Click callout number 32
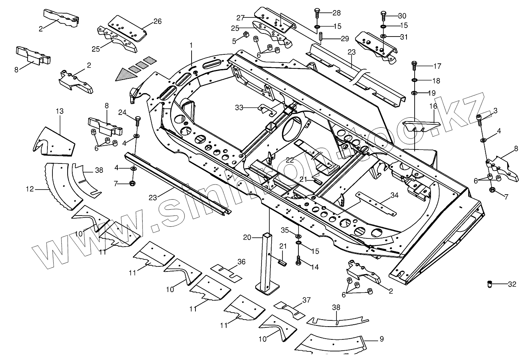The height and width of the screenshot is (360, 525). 512,284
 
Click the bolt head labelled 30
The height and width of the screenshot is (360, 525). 383,16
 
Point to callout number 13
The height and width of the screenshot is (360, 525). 59,111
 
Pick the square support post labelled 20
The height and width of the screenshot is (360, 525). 268,264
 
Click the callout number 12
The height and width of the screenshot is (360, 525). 30,189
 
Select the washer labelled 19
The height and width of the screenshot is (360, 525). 415,93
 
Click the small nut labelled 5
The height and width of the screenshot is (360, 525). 246,36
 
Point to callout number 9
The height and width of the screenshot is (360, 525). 381,339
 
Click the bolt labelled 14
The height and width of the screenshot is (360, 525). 298,261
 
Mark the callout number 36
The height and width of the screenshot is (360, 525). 241,262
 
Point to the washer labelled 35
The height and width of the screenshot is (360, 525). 298,237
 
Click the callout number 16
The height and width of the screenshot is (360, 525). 433,106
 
